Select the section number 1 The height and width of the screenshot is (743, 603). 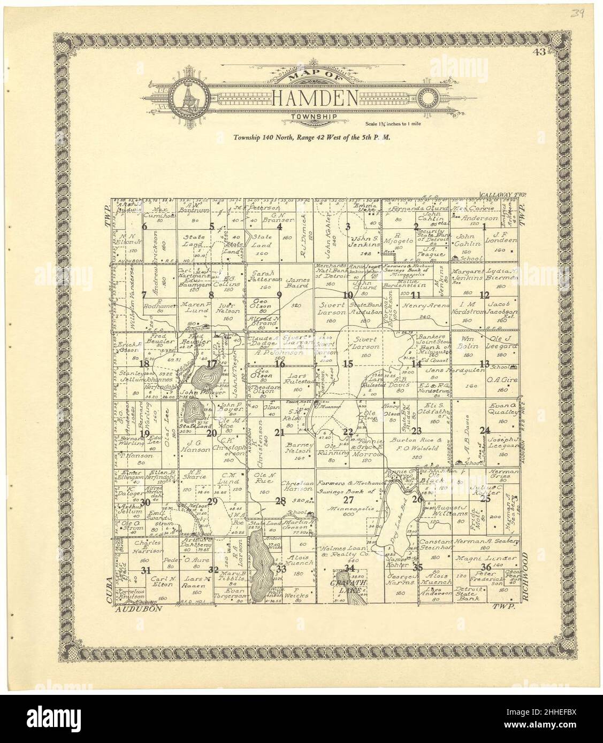(484, 227)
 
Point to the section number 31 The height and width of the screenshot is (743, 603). (144, 570)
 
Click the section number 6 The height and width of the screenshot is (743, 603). (144, 226)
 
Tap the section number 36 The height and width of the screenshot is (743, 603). (486, 567)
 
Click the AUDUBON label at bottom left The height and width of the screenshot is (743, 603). (140, 608)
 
